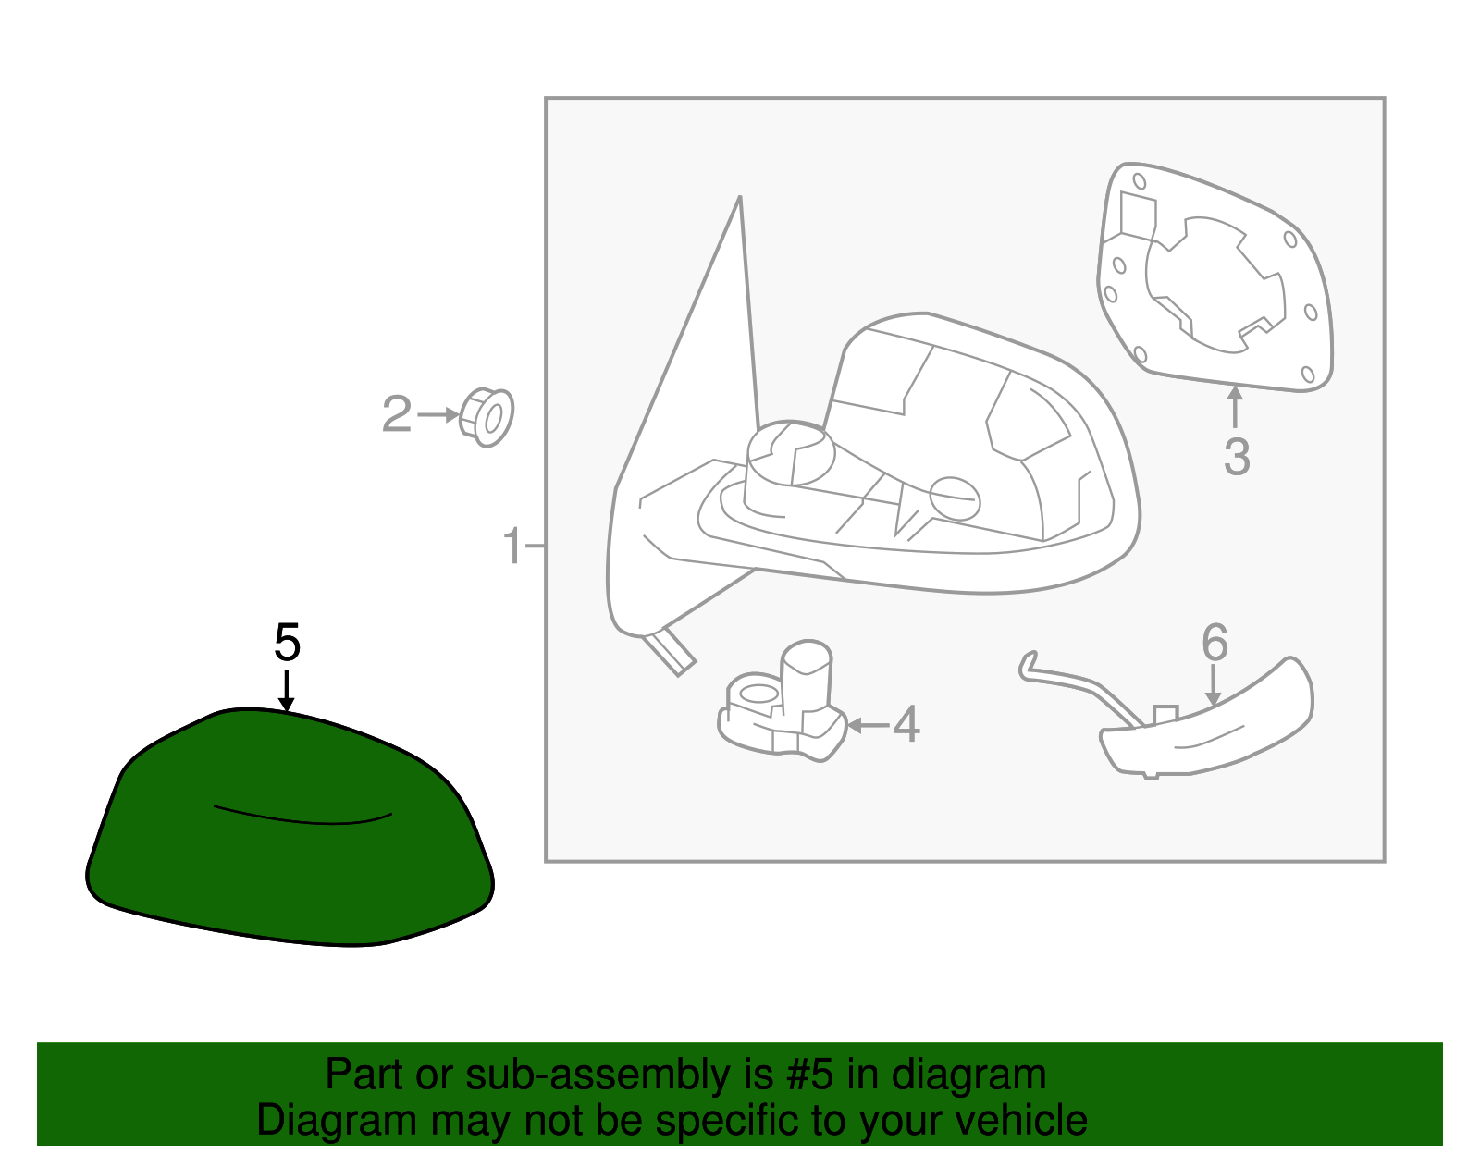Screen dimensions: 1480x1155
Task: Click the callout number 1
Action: (512, 546)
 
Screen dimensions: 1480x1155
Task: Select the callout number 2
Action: (397, 413)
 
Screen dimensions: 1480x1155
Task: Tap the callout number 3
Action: (1237, 457)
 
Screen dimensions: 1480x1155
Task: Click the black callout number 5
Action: (287, 642)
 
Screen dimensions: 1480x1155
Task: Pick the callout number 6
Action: (1215, 642)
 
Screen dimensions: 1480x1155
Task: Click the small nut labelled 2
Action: (487, 416)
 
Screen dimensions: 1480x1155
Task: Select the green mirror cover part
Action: (290, 828)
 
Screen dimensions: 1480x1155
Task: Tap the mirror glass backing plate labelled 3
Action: (1215, 277)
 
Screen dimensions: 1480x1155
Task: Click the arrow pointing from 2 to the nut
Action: (438, 413)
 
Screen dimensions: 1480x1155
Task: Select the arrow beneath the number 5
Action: (286, 691)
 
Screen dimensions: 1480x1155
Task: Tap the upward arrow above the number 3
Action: (1235, 406)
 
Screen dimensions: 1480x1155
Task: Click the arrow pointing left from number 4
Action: (868, 726)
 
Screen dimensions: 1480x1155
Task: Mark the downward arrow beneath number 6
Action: (1213, 685)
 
